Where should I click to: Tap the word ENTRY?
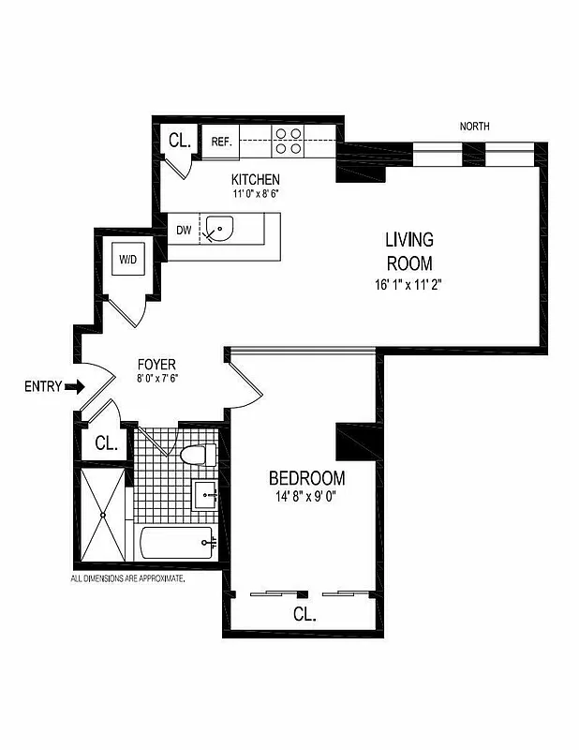pyautogui.click(x=43, y=385)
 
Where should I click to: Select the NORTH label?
pyautogui.click(x=474, y=127)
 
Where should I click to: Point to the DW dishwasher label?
pyautogui.click(x=184, y=229)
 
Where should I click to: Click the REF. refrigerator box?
pyautogui.click(x=221, y=142)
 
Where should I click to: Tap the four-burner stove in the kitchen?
pyautogui.click(x=288, y=141)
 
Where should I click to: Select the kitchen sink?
pyautogui.click(x=223, y=229)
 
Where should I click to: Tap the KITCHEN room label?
pyautogui.click(x=256, y=180)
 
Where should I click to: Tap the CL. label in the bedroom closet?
pyautogui.click(x=304, y=616)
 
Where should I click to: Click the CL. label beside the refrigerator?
pyautogui.click(x=179, y=142)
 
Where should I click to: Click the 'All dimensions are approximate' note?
pyautogui.click(x=128, y=579)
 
